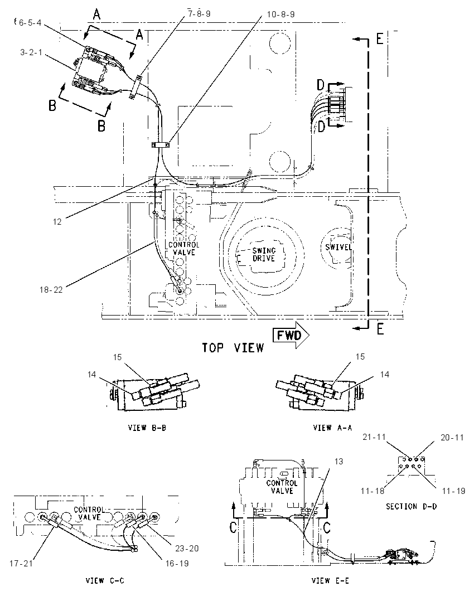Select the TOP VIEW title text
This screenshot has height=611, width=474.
coord(233,347)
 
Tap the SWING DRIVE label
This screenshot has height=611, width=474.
coord(264,254)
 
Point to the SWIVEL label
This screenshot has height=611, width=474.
coord(338,247)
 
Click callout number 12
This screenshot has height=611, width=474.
coord(57,222)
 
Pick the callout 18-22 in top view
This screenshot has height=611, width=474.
coord(51,290)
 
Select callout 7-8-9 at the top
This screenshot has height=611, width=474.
coord(199,13)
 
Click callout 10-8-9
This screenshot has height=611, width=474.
coord(280,14)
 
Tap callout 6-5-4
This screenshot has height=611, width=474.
coord(30,23)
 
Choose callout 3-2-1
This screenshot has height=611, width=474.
coord(31,52)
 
